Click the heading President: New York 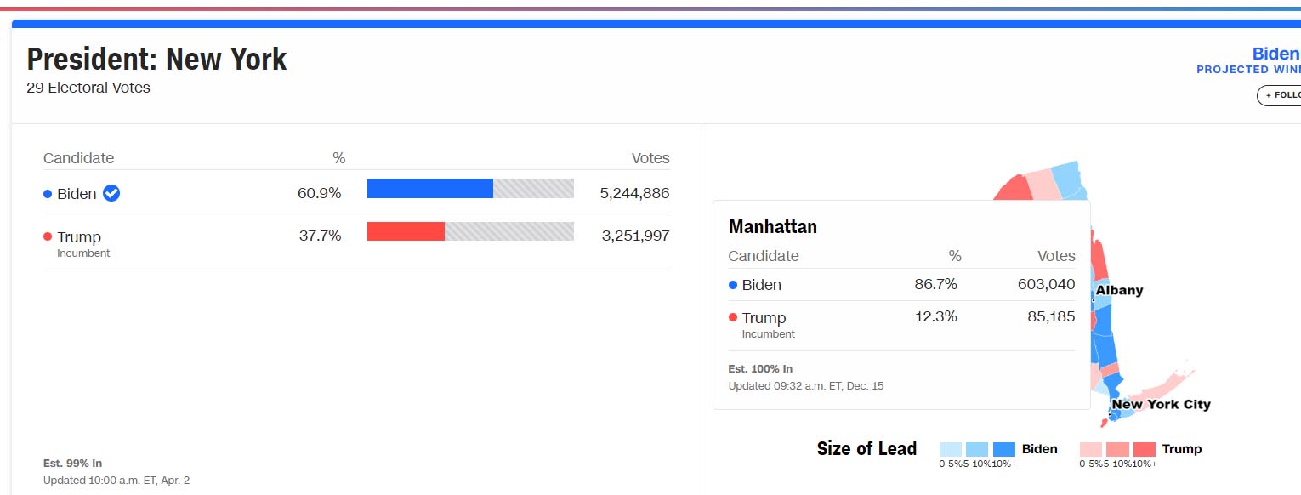tap(156, 60)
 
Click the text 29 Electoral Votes tap(88, 88)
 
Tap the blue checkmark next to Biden tap(111, 193)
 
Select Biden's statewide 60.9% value tap(319, 193)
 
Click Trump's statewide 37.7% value tap(320, 236)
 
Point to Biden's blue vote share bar tap(429, 189)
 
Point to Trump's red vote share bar tap(406, 231)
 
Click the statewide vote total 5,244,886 tap(634, 193)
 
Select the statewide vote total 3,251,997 tap(635, 236)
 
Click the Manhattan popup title tap(773, 226)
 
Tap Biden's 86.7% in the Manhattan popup tap(935, 284)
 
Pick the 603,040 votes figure tap(1046, 284)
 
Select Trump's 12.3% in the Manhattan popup tap(935, 317)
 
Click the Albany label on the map tap(1119, 290)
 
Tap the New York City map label tap(1161, 404)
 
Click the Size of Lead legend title tap(866, 448)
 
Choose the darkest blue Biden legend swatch tap(1004, 449)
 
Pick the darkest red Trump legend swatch tap(1145, 449)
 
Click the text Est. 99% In tap(72, 463)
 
